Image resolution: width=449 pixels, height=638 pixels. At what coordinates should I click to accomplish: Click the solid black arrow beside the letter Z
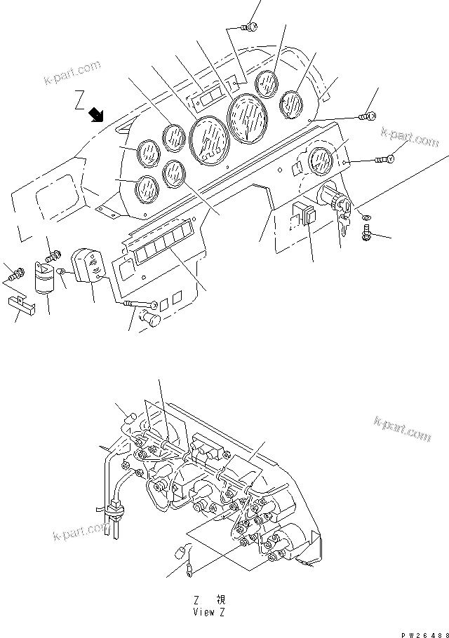coord(96,114)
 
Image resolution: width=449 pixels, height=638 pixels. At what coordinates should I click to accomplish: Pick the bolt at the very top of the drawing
coord(248,27)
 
